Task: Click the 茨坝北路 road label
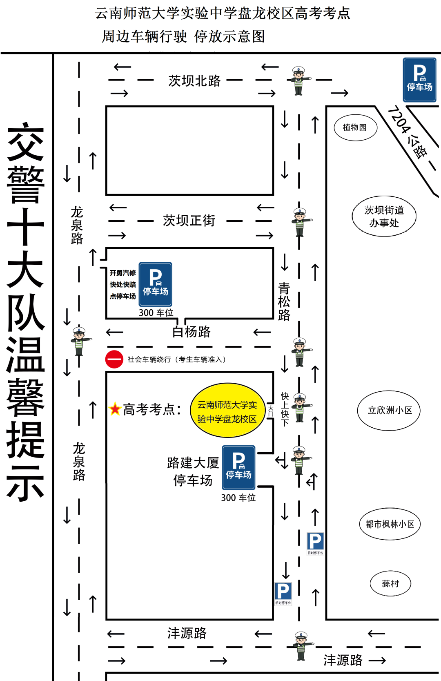(x=194, y=80)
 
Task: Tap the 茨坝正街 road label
(x=189, y=221)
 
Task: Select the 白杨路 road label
(x=191, y=331)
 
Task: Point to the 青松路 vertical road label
(x=284, y=301)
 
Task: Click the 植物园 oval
(x=355, y=127)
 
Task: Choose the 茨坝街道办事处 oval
(x=384, y=216)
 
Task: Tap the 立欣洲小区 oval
(x=389, y=410)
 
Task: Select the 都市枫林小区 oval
(x=390, y=524)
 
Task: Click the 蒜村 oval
(x=390, y=583)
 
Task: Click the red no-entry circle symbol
(x=114, y=359)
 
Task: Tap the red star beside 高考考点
(x=115, y=409)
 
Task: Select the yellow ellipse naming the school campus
(x=227, y=411)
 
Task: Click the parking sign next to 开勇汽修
(x=155, y=284)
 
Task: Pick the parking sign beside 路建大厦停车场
(x=238, y=467)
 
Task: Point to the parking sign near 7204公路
(x=419, y=80)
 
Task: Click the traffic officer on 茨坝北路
(x=299, y=81)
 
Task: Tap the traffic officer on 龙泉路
(x=79, y=341)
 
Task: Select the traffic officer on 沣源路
(x=301, y=646)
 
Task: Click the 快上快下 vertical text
(x=285, y=409)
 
